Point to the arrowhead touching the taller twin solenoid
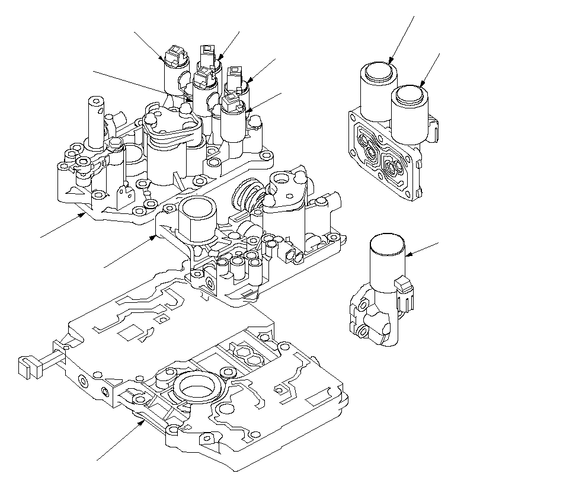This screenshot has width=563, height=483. pyautogui.click(x=390, y=61)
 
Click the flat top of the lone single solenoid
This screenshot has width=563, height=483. pyautogui.click(x=387, y=244)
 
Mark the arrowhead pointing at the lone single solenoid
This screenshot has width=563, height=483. pyautogui.click(x=408, y=255)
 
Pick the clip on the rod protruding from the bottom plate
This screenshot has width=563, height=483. pyautogui.click(x=27, y=366)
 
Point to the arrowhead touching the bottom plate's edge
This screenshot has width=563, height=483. pyautogui.click(x=143, y=421)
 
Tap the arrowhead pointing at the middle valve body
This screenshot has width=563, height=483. pyautogui.click(x=156, y=237)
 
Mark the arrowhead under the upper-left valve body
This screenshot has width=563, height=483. pyautogui.click(x=85, y=215)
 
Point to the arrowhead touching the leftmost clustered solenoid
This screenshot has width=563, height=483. pyautogui.click(x=165, y=59)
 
